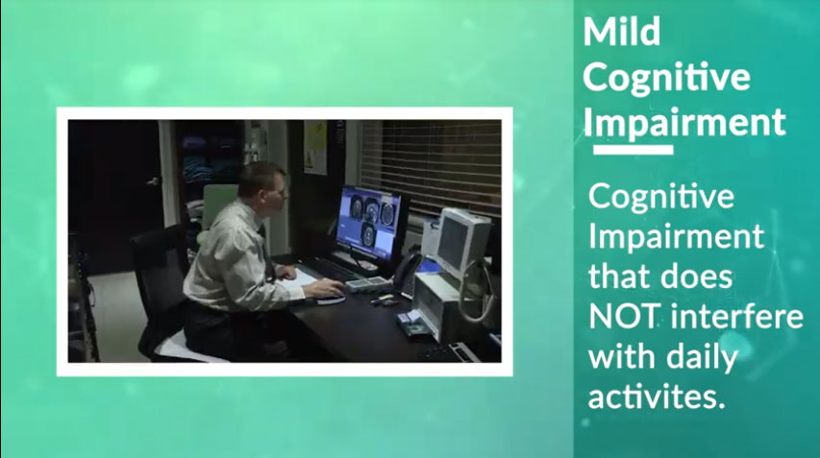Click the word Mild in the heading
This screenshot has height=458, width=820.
pos(622,32)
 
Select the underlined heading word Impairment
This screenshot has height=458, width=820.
pos(684,123)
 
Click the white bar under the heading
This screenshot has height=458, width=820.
pos(633,151)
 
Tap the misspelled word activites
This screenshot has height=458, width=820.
pos(658,397)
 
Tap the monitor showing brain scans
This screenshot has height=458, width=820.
pos(370,223)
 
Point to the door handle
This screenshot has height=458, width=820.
pos(153,181)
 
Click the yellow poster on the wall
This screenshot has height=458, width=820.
pos(315,147)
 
